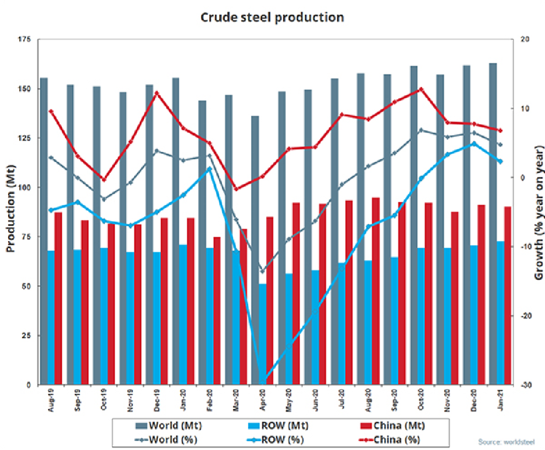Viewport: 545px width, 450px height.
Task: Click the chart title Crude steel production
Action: tap(272, 17)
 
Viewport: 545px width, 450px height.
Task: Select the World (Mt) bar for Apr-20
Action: tap(255, 248)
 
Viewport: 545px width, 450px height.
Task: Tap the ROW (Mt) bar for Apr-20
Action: tap(263, 334)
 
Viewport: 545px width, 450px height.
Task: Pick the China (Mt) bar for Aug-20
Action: tap(376, 291)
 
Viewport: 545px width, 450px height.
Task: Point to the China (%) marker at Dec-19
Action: tap(157, 93)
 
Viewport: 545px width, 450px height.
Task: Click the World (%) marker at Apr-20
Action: tap(262, 271)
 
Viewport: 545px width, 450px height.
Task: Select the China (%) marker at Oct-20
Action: tap(421, 89)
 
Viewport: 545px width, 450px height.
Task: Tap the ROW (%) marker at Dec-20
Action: tap(474, 143)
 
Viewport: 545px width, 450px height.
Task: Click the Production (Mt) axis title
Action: tap(10, 212)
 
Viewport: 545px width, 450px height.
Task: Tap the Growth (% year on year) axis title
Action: tap(538, 212)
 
